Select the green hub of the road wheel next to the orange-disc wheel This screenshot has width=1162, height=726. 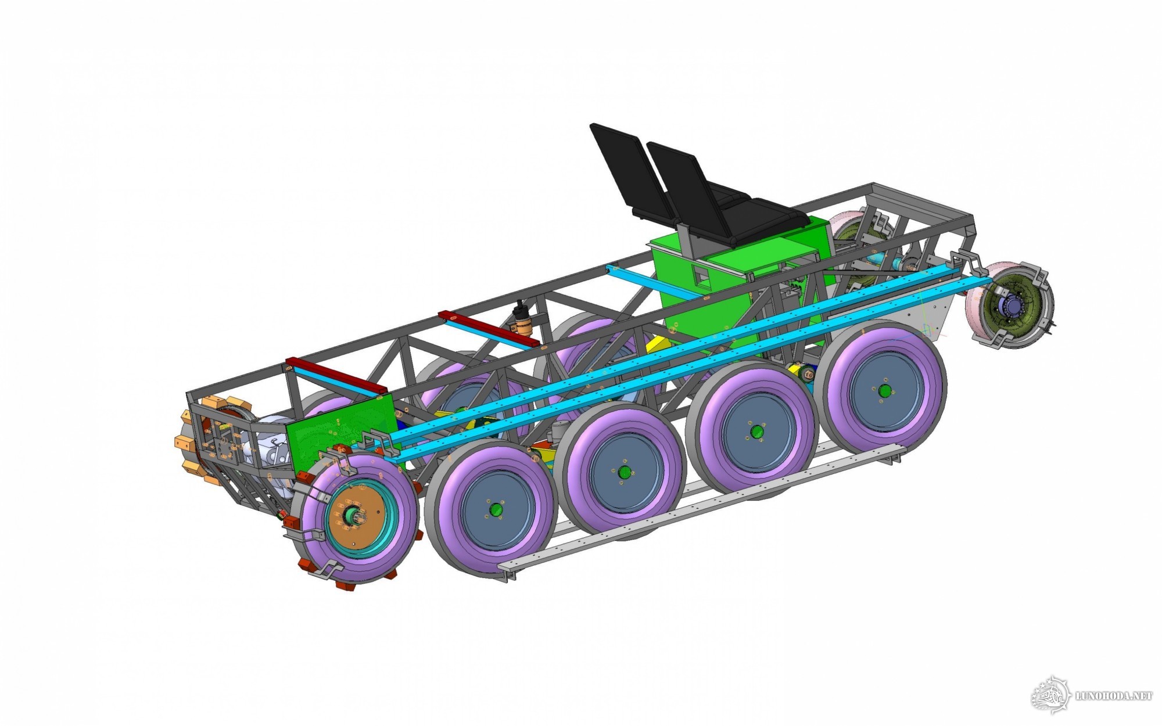click(495, 509)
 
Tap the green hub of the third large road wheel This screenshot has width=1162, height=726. click(756, 432)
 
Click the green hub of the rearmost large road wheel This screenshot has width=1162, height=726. click(884, 390)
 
